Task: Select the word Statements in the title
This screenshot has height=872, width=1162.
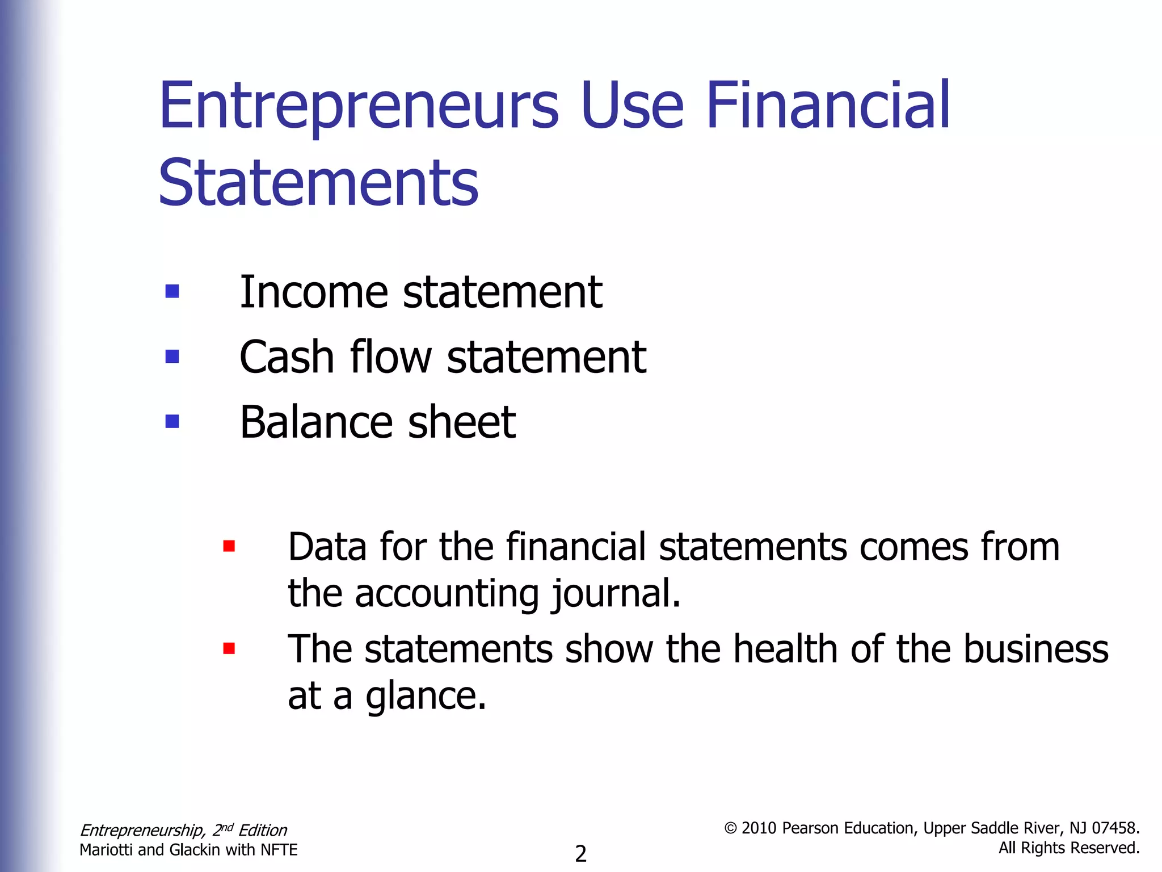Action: point(318,183)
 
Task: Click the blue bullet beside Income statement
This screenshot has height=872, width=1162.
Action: point(172,291)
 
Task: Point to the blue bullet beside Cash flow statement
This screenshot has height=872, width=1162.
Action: point(172,356)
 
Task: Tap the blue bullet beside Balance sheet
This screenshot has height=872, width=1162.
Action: point(172,421)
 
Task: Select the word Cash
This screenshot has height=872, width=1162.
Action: point(287,357)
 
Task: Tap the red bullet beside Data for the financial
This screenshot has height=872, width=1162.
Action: point(229,546)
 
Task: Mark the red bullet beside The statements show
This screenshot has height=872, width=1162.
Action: point(229,648)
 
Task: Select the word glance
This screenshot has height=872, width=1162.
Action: point(426,697)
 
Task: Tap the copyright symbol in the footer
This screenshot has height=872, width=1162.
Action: point(731,828)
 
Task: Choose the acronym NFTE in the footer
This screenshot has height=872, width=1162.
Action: point(279,850)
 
